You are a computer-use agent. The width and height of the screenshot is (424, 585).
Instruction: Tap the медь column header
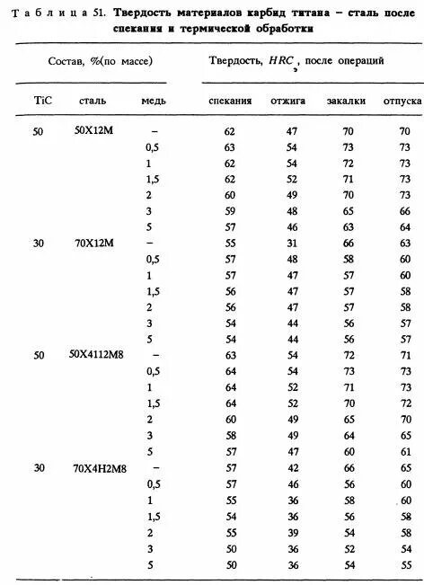[153, 101]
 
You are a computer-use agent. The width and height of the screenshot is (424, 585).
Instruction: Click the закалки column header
[347, 101]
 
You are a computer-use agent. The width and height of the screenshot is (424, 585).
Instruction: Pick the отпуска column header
[402, 101]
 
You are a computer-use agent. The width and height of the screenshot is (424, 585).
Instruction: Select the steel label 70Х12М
[93, 243]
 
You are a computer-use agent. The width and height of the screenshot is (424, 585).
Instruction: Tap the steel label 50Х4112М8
[96, 355]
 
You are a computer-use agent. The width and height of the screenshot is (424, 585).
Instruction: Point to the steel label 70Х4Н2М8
[96, 467]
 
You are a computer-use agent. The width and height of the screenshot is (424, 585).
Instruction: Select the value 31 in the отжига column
[291, 243]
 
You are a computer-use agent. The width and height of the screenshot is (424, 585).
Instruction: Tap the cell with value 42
[291, 467]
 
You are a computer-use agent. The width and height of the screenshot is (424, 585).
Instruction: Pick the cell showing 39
[291, 532]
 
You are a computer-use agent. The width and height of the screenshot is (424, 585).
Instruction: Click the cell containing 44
[291, 323]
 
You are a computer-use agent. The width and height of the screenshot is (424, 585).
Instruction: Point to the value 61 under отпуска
[405, 451]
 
